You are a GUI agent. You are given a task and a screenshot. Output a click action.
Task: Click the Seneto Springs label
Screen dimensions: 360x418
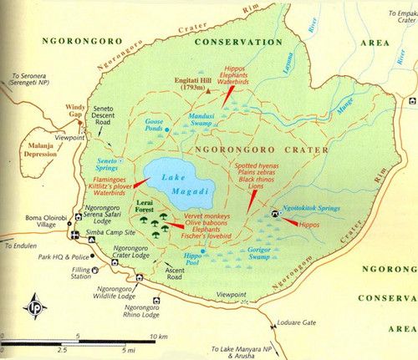[99, 164]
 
